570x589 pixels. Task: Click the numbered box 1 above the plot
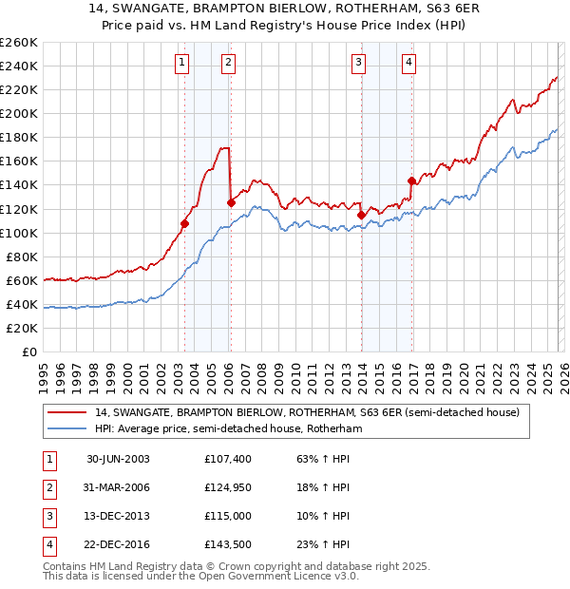click(x=181, y=64)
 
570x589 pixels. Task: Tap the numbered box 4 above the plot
click(x=408, y=64)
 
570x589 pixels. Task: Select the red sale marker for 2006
click(x=231, y=202)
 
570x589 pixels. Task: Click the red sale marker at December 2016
click(x=411, y=180)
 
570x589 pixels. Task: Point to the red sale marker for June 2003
click(x=185, y=223)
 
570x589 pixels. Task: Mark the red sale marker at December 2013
click(x=361, y=215)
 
